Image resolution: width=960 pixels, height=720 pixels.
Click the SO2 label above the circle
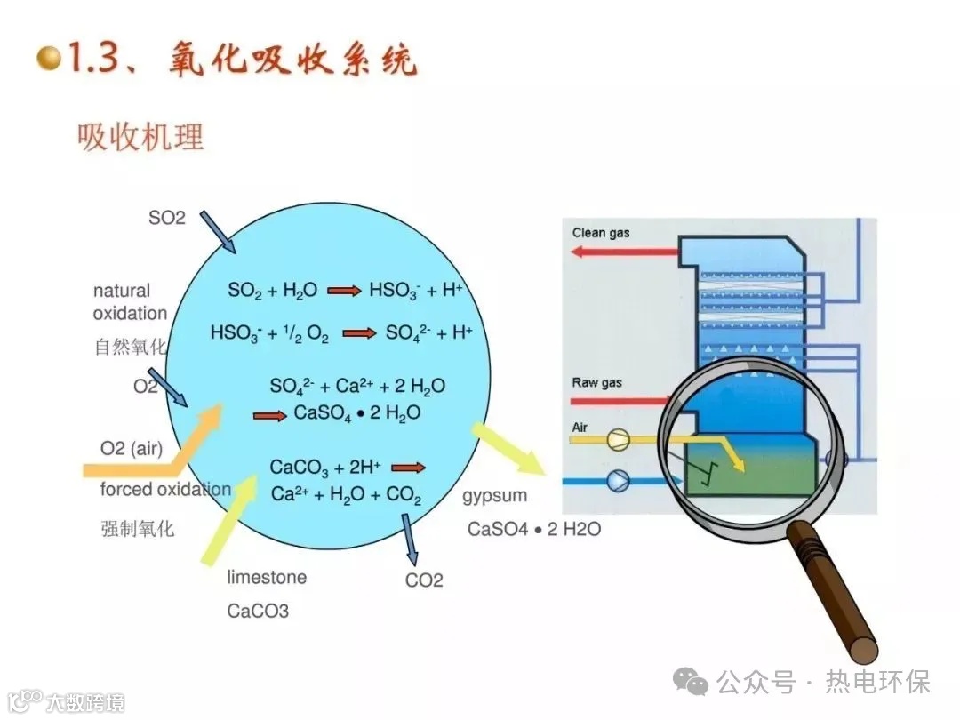tap(166, 218)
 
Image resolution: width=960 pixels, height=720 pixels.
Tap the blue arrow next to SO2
tap(217, 231)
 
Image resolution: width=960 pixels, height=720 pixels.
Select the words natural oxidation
tap(130, 302)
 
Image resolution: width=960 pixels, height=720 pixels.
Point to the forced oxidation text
tap(165, 490)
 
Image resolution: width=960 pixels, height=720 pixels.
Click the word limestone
tap(267, 577)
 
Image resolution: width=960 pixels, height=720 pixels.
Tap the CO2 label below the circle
tap(424, 580)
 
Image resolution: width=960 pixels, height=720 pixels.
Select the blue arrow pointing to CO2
tap(410, 539)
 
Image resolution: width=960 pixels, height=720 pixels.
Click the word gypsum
tap(494, 495)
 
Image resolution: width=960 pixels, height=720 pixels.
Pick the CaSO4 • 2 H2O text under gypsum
tap(534, 529)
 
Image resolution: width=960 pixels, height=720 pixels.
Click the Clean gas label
tap(601, 233)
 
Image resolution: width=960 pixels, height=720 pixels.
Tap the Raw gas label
tap(596, 383)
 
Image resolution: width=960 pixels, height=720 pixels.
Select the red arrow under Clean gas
tap(622, 252)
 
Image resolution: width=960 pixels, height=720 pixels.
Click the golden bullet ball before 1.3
tap(50, 60)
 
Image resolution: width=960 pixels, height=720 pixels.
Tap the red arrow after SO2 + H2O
tap(344, 291)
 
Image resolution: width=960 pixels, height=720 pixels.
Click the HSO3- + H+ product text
tap(416, 290)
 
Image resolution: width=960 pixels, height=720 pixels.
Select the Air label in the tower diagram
tap(580, 428)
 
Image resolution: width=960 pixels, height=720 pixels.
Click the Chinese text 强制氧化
tap(138, 529)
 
